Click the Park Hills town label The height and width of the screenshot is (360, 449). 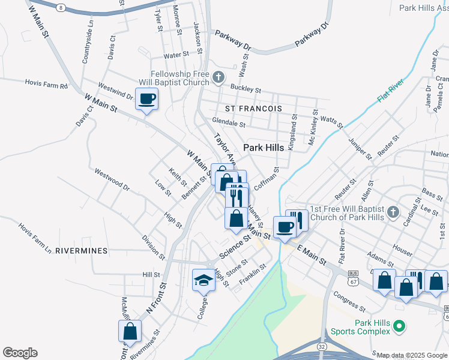(263, 148)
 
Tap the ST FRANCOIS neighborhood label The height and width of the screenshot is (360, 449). (253, 109)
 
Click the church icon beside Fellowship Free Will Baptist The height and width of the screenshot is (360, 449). (218, 76)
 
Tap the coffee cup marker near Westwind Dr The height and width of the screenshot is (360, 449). (146, 98)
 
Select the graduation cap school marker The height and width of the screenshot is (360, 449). (203, 280)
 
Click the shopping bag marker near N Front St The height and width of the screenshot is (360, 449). (130, 331)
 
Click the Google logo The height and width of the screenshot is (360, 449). (20, 353)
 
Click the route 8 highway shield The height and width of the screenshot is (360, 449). (61, 7)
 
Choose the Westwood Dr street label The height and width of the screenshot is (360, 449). (112, 179)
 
